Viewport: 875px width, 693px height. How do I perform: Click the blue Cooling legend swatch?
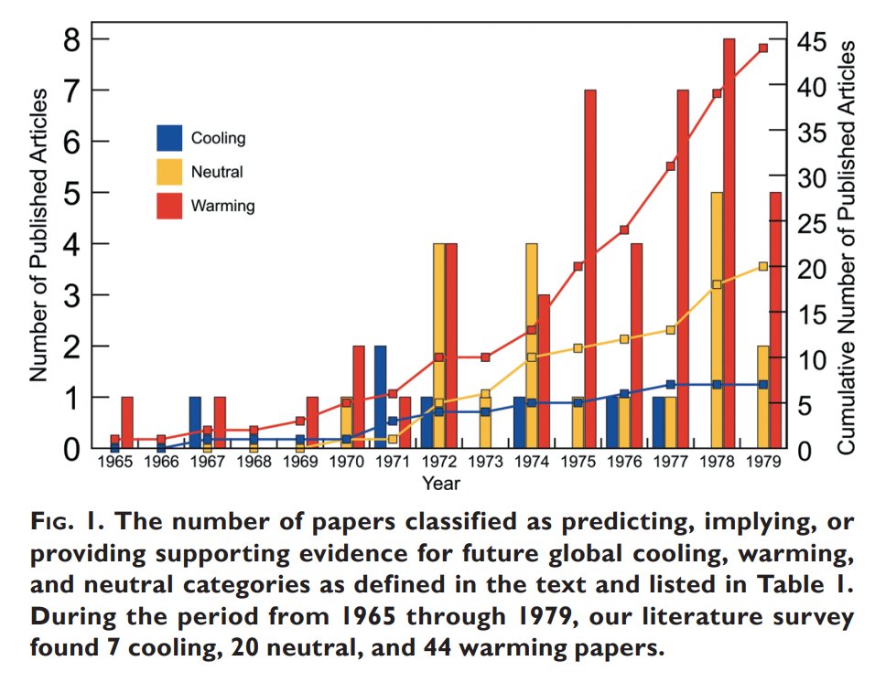169,138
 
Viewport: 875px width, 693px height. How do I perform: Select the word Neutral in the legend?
217,172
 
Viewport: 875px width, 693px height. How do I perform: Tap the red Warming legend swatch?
169,206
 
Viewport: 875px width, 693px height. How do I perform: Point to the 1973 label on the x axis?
486,464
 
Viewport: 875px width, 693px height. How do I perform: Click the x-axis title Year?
440,482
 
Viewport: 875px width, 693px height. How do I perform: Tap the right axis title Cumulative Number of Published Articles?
847,247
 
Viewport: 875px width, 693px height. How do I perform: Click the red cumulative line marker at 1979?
763,48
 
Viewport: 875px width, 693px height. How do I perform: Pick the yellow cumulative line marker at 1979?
763,266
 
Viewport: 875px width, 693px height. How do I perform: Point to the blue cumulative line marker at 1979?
763,384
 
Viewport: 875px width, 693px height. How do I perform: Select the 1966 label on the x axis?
161,464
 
